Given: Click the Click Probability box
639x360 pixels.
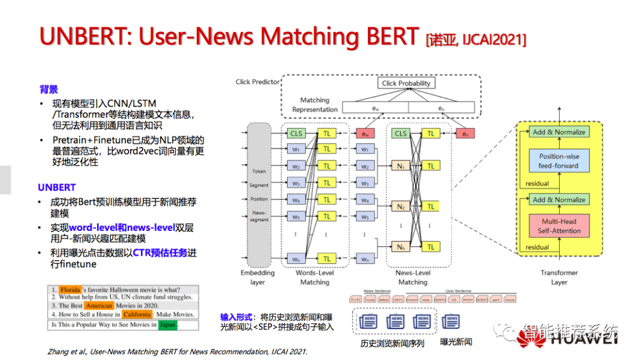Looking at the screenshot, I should coord(406,83).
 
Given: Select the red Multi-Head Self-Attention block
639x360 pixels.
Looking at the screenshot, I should coord(559,226).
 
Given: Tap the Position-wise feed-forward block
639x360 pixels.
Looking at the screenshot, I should coord(559,161).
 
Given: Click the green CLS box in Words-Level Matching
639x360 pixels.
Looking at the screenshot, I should coord(296,134).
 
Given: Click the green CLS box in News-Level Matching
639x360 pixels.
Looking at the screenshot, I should coord(401,134).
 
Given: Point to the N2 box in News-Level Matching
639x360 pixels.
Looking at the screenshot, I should coord(401,207).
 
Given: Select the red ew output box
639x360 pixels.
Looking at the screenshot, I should coord(365,134).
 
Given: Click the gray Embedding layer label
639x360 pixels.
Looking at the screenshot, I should coord(257,277).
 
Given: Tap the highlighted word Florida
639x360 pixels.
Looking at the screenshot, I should coord(70,290).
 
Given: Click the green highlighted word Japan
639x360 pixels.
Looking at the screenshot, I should coord(168,324).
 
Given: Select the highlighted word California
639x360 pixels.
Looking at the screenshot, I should coord(137,314).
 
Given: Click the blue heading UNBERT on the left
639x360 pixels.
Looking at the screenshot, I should coord(57,188).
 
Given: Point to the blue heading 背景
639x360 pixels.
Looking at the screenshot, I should coord(49,89).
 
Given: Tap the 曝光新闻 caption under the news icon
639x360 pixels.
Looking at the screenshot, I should coord(456,342).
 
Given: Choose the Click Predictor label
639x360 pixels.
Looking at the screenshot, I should coord(257,82).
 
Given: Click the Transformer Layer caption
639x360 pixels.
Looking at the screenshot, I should coord(559,277).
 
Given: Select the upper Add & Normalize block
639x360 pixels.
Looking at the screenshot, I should coord(559,132).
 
